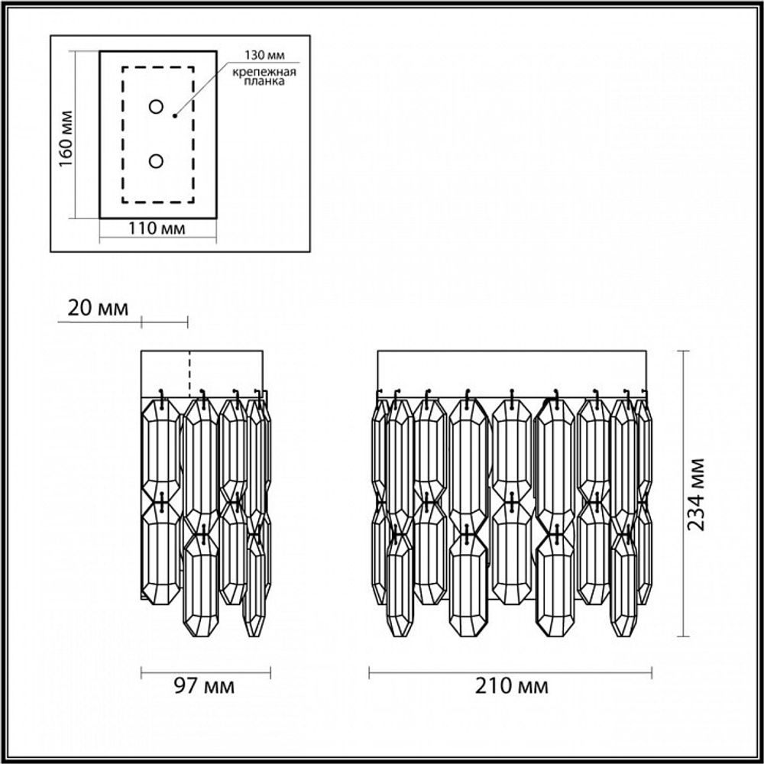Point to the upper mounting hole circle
(156, 106)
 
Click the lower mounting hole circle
(156, 161)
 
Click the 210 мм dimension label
(510, 686)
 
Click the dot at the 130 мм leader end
(175, 116)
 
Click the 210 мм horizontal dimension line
(428, 673)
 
